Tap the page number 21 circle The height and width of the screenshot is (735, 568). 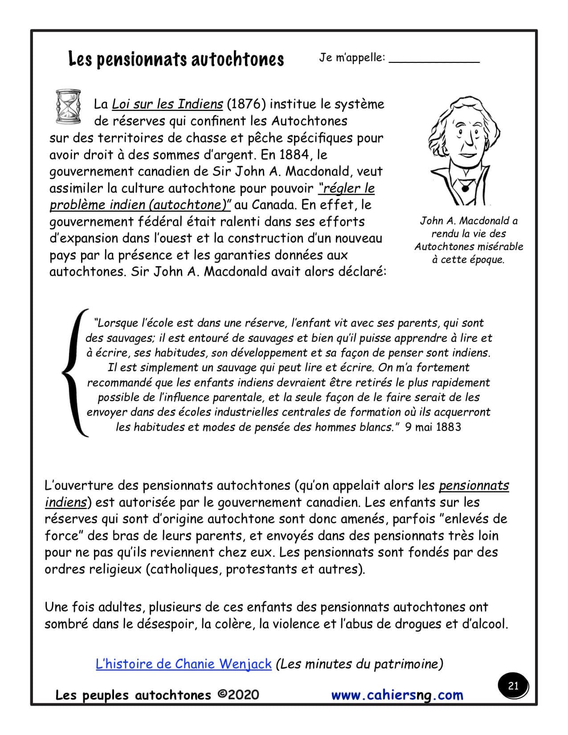(513, 686)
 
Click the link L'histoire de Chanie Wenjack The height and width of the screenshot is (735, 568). (183, 664)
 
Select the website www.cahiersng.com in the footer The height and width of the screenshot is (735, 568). (397, 695)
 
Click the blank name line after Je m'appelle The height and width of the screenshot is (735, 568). (434, 60)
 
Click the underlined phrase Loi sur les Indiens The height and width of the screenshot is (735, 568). (167, 104)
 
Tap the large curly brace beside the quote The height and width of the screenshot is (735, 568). (74, 372)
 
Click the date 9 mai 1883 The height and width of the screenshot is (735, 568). (433, 427)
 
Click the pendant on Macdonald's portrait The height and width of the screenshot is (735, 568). (465, 187)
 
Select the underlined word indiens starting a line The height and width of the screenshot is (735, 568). (65, 502)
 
